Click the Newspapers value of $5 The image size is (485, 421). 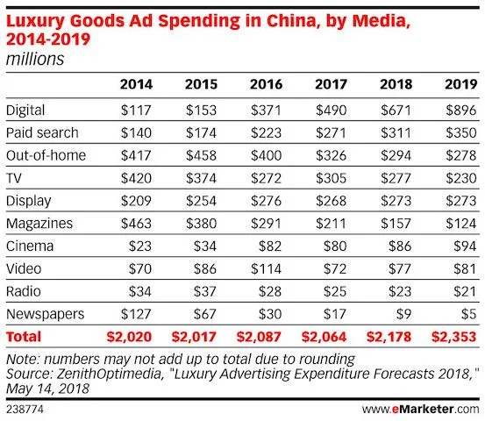tap(466, 313)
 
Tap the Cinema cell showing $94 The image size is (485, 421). tap(462, 245)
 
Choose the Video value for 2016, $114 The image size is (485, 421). tap(267, 268)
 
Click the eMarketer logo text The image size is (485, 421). tap(430, 409)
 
